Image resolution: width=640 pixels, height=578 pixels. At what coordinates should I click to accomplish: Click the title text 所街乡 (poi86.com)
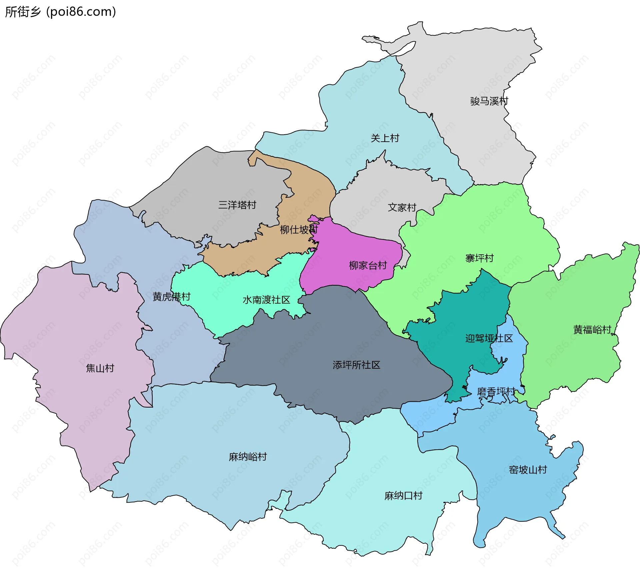[x=60, y=12]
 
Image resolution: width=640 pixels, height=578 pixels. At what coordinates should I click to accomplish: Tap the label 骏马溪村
[x=489, y=101]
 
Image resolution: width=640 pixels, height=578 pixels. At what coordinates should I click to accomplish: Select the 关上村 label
[x=385, y=138]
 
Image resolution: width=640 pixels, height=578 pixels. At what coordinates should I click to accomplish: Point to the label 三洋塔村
[x=237, y=205]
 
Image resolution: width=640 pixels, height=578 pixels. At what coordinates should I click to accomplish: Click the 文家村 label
[x=402, y=207]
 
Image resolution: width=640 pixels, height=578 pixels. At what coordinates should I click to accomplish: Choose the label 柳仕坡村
[x=298, y=229]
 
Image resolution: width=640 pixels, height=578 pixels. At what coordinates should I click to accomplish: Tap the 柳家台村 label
[x=368, y=265]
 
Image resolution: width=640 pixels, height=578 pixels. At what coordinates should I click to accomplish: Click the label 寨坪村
[x=479, y=258]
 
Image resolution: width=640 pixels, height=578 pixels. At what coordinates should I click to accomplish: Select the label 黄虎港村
[x=171, y=296]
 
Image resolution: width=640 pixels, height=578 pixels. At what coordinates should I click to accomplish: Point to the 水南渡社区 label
[x=266, y=300]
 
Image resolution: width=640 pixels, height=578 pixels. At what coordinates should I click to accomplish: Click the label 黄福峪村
[x=592, y=330]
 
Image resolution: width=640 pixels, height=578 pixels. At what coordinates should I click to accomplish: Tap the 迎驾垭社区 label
[x=489, y=338]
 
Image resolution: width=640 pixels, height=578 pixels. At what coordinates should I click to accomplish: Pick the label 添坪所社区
[x=356, y=365]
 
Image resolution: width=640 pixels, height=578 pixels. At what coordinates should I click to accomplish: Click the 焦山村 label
[x=100, y=368]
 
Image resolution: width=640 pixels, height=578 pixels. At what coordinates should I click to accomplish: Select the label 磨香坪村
[x=496, y=391]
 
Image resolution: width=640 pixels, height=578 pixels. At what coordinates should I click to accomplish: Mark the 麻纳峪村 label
[x=248, y=457]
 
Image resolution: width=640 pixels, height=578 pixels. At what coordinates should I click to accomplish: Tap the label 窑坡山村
[x=528, y=470]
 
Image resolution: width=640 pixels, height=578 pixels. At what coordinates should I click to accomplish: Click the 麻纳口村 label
[x=403, y=496]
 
